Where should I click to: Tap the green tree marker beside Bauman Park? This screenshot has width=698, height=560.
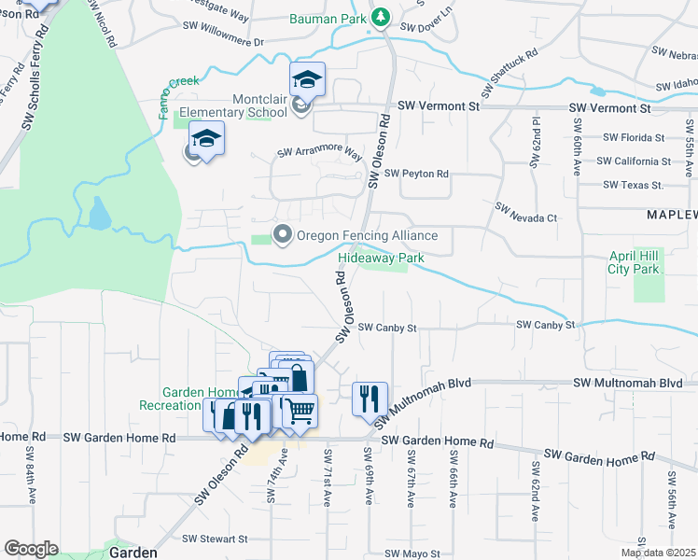pos(380,17)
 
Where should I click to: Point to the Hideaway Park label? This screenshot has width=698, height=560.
pos(381,258)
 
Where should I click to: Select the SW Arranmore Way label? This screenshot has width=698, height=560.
pos(319,152)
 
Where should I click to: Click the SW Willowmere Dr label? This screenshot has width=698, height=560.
pos(224,42)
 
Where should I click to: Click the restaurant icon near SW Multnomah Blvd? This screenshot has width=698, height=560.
pos(369,399)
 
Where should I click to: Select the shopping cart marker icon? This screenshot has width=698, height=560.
pos(300,410)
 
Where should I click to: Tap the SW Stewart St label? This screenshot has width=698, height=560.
pos(215,539)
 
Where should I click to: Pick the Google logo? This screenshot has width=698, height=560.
pos(31,549)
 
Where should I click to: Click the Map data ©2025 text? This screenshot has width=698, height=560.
pos(658,553)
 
